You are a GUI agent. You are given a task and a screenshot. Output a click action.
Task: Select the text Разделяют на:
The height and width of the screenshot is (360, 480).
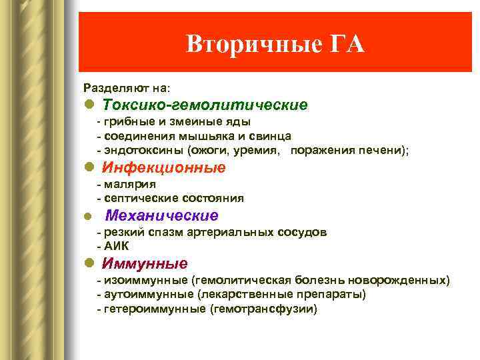(x=127, y=87)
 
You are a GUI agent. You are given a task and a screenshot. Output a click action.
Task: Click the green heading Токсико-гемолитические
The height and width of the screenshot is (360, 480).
(x=205, y=105)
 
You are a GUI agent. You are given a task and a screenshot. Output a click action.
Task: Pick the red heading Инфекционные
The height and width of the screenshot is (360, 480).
(x=164, y=167)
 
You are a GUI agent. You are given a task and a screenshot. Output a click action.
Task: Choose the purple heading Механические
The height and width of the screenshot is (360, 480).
(x=162, y=215)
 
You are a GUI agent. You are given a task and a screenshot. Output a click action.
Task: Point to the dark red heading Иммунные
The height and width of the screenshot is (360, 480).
(x=145, y=263)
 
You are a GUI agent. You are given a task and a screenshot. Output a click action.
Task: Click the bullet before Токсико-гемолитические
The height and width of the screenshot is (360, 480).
(x=89, y=105)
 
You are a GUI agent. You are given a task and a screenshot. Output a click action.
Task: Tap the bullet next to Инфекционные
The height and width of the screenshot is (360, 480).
(x=89, y=167)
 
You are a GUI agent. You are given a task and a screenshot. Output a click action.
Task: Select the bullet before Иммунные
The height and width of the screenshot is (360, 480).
(x=89, y=263)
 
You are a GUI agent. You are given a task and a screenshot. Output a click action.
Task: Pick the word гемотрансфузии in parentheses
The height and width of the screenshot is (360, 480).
(x=264, y=309)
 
